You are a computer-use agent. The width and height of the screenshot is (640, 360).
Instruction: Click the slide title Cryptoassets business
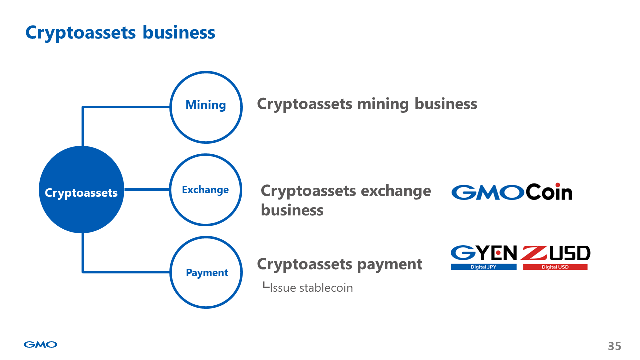tap(120, 32)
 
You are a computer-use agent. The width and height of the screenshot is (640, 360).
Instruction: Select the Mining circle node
tap(206, 107)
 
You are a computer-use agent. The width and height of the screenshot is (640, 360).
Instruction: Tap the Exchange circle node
tap(205, 190)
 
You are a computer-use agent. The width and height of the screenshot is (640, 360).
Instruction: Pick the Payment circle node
tap(206, 272)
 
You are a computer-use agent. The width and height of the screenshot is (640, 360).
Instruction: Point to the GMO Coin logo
tap(511, 192)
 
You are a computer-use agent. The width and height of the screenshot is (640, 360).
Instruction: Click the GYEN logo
tap(484, 254)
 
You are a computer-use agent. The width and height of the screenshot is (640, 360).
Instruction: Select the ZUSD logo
tap(555, 254)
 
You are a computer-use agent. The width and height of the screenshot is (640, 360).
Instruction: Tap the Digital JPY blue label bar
tap(483, 267)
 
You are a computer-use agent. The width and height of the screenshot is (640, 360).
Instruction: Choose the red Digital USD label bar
tap(555, 267)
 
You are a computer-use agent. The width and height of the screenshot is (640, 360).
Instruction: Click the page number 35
tap(614, 346)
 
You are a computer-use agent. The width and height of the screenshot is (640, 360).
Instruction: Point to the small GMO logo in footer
tap(40, 344)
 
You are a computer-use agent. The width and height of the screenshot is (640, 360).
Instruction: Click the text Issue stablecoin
tap(311, 288)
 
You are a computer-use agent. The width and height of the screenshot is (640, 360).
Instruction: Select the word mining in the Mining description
tap(383, 104)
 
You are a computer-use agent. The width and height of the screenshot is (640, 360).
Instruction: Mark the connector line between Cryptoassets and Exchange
tap(147, 190)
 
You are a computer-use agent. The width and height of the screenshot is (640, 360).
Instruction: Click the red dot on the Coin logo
tap(557, 185)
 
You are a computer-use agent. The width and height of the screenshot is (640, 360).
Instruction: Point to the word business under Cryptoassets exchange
tap(292, 210)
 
